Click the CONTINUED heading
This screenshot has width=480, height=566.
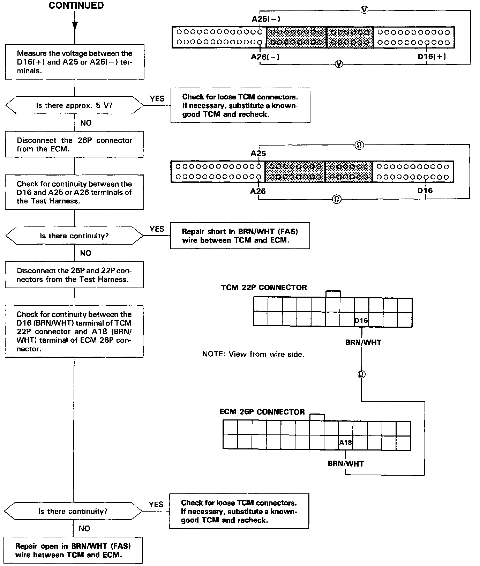pyautogui.click(x=76, y=6)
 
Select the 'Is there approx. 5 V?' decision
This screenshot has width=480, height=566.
pyautogui.click(x=74, y=105)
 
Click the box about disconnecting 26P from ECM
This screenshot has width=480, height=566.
pyautogui.click(x=74, y=144)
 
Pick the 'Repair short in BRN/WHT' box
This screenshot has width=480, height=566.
pyautogui.click(x=240, y=236)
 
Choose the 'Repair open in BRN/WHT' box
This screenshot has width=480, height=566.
pyautogui.click(x=73, y=551)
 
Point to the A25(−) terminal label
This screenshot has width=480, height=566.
pyautogui.click(x=266, y=19)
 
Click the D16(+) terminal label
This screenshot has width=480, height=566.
pyautogui.click(x=432, y=57)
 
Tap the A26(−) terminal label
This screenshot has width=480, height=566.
pyautogui.click(x=265, y=57)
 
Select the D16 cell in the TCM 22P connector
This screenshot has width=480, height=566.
pyautogui.click(x=361, y=320)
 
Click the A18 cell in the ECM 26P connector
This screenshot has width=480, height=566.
pyautogui.click(x=345, y=442)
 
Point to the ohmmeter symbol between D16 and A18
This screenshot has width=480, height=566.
pyautogui.click(x=361, y=374)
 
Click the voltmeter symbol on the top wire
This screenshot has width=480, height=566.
pyautogui.click(x=364, y=10)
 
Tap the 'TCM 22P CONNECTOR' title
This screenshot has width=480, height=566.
pyautogui.click(x=264, y=288)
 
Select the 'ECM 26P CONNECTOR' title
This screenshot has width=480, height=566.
pyautogui.click(x=262, y=412)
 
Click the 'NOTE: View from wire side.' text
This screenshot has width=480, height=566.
pyautogui.click(x=253, y=354)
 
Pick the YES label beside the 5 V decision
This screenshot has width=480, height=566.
pyautogui.click(x=157, y=99)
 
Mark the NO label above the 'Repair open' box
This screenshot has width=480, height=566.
pyautogui.click(x=84, y=528)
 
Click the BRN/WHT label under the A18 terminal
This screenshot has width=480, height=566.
pyautogui.click(x=346, y=464)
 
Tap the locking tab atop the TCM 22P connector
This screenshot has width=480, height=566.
pyautogui.click(x=333, y=294)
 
